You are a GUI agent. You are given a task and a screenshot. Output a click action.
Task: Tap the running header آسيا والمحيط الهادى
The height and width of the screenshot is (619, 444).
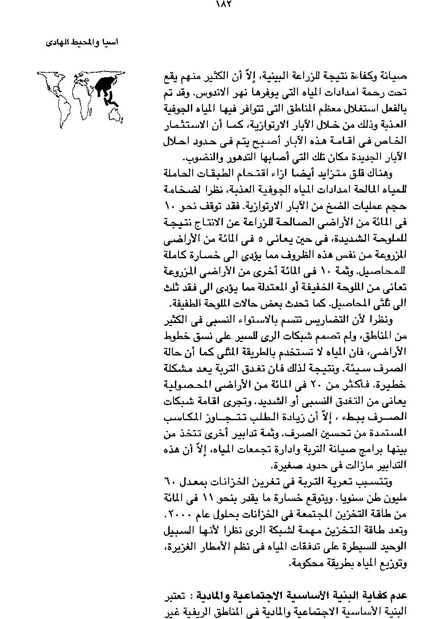pos(83,43)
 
